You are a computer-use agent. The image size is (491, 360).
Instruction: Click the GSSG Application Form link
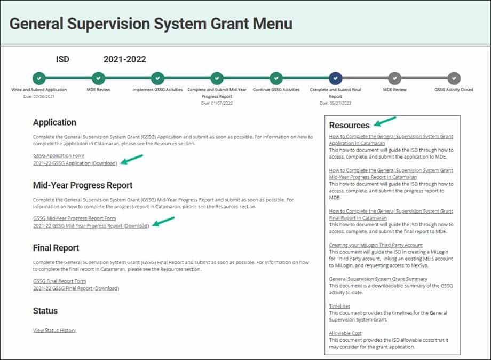[59, 156]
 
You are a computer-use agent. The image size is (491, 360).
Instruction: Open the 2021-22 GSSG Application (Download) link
[75, 163]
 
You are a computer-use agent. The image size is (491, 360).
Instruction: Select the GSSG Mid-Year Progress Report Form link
[75, 218]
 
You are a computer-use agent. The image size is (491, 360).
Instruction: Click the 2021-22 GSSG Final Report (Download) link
[76, 288]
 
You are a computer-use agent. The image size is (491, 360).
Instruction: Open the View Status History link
[54, 330]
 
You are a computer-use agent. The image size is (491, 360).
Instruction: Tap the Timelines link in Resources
[339, 306]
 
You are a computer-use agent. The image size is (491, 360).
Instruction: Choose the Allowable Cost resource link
[345, 333]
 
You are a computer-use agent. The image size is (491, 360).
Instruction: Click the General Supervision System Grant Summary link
[378, 279]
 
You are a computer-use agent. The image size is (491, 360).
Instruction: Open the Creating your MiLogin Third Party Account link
[375, 245]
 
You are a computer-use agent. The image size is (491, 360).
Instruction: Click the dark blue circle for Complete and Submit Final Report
[335, 79]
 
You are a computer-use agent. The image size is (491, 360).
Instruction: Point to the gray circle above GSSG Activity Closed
[454, 79]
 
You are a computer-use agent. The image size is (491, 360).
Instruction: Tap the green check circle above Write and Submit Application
[39, 79]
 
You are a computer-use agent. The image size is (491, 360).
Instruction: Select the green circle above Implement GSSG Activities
[157, 79]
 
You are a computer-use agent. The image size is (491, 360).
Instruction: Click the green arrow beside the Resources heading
[385, 121]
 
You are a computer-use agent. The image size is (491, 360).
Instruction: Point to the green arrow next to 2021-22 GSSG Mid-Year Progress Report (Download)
[163, 221]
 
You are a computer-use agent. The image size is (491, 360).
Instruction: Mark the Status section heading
[45, 311]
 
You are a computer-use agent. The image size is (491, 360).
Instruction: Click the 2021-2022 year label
[125, 59]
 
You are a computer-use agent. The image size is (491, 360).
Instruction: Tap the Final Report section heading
[56, 248]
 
